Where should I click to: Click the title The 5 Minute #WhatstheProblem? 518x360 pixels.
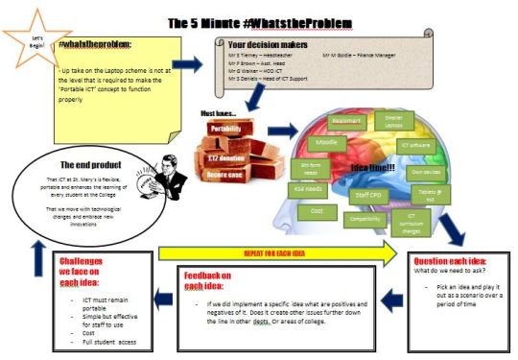[258, 20]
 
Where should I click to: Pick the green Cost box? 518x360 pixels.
[318, 210]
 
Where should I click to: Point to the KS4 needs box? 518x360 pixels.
[309, 189]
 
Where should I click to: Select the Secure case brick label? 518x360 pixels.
[224, 176]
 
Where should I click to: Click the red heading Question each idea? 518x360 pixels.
[452, 260]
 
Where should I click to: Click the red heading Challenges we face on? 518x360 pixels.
[89, 266]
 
